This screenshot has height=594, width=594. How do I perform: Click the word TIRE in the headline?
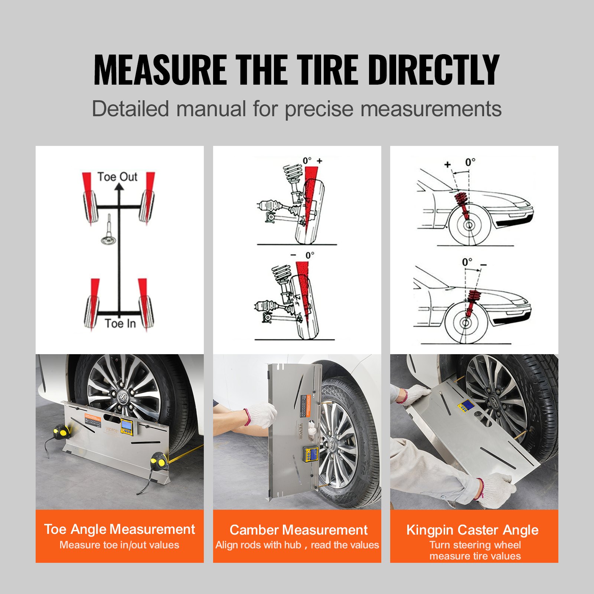[328, 70]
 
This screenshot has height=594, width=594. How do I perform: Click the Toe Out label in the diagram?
[117, 177]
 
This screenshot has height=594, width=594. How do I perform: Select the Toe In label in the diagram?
[120, 323]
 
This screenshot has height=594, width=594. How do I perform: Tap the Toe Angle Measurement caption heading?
[120, 529]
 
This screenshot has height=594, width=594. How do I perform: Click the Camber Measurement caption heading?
[298, 530]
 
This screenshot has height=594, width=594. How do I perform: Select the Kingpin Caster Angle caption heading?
[472, 530]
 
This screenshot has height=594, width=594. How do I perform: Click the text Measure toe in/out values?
[120, 545]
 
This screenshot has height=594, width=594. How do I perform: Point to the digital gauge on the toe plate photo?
[126, 426]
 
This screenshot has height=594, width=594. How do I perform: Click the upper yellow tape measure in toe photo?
[61, 432]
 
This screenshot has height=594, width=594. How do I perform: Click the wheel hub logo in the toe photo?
[123, 396]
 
